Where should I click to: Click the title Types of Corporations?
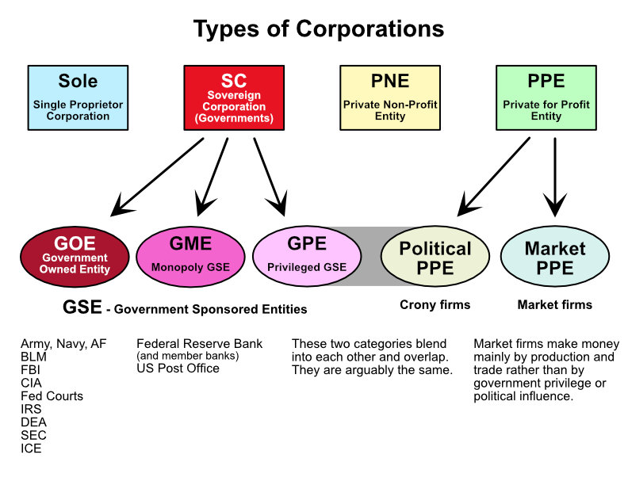pos(319,29)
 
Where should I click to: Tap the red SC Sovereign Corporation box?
pos(234,97)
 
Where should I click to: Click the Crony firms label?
pos(435,305)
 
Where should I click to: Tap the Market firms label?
pos(554,305)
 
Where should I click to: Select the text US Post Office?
pos(178,369)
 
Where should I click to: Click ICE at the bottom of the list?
pos(31,449)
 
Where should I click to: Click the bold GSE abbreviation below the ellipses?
pos(82,307)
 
